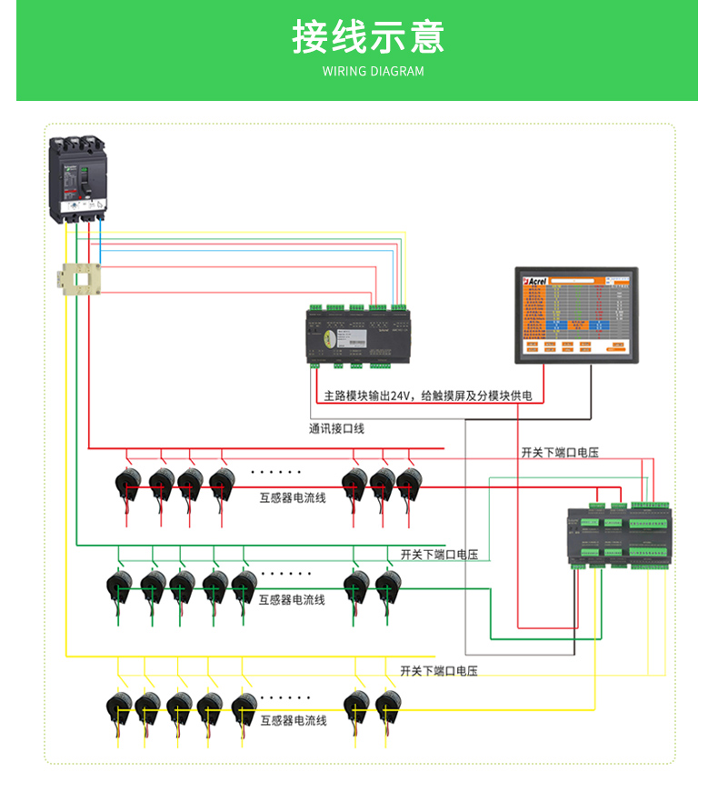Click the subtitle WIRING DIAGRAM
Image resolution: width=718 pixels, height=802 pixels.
click(373, 71)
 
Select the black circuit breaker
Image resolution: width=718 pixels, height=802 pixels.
click(78, 178)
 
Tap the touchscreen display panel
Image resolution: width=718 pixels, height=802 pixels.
click(576, 315)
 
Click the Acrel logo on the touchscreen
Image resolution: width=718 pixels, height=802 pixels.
click(534, 283)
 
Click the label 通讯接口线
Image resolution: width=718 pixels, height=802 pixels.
click(336, 428)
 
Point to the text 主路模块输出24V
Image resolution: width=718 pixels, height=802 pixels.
click(368, 396)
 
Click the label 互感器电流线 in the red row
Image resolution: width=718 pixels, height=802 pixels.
click(293, 497)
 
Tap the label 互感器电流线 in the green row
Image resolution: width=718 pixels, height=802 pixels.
click(292, 600)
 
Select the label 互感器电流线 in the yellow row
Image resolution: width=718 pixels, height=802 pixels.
click(293, 720)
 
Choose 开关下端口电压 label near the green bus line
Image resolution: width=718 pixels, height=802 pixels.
click(439, 554)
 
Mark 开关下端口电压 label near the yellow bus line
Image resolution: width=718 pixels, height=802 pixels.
click(439, 670)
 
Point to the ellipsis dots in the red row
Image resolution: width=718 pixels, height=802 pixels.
click(275, 472)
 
